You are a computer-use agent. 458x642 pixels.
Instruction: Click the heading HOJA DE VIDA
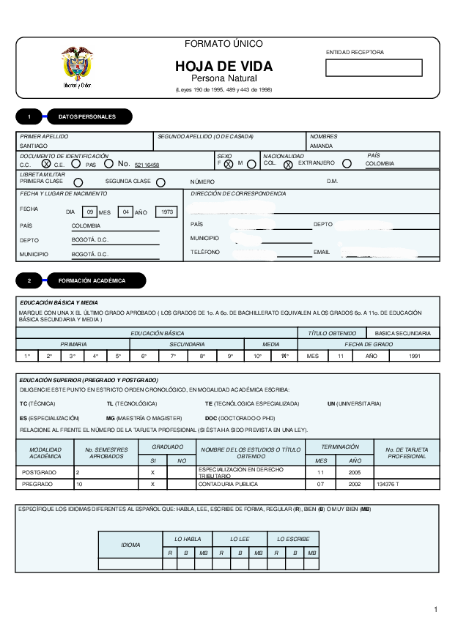(x=224, y=67)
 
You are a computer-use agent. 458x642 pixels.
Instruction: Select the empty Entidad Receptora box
(x=374, y=68)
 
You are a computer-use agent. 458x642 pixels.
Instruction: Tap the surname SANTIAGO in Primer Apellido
(x=34, y=146)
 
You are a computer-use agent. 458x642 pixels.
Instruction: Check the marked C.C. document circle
(x=46, y=164)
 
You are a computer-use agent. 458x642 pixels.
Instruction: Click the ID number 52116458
(x=147, y=165)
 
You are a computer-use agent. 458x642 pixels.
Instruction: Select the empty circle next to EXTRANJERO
(x=347, y=163)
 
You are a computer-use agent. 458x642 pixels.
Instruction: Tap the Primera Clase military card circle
(x=78, y=182)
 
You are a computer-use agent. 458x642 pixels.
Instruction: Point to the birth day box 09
(x=89, y=212)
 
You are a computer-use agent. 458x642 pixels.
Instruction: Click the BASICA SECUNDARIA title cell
(x=402, y=333)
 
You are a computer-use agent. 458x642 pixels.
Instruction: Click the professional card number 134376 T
(x=388, y=484)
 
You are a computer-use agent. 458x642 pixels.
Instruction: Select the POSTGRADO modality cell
(x=39, y=472)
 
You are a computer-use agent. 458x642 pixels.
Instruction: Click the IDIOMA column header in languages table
(x=130, y=545)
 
